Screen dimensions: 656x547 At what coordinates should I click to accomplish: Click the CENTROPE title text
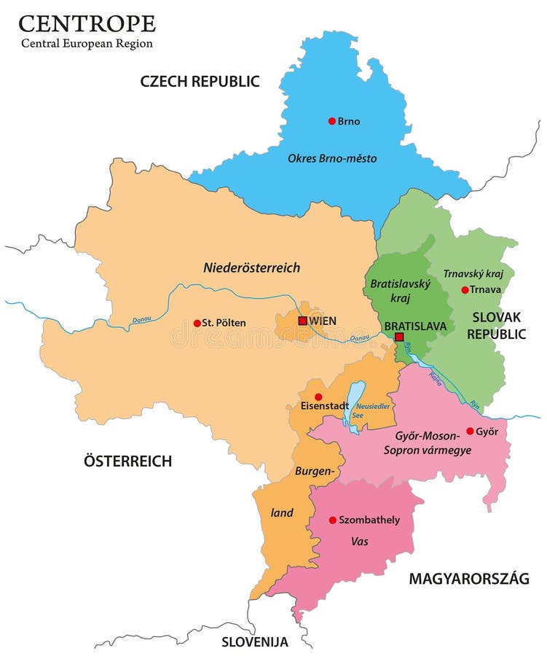click(87, 23)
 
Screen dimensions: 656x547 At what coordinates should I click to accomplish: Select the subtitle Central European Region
click(87, 44)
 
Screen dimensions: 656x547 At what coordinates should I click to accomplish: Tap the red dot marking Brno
click(331, 121)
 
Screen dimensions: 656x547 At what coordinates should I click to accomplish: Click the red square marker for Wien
click(303, 321)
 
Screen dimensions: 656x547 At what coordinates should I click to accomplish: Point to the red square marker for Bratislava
click(399, 337)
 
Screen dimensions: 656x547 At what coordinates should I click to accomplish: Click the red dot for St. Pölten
click(197, 323)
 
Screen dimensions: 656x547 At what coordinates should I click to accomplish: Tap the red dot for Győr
click(470, 431)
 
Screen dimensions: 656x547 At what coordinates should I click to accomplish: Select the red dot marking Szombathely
click(333, 520)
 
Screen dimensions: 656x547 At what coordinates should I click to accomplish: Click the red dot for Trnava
click(465, 290)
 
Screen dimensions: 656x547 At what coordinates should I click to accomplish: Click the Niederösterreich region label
click(252, 268)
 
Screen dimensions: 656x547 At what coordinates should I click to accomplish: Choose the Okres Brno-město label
click(332, 157)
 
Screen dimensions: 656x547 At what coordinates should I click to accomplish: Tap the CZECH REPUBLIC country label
click(200, 81)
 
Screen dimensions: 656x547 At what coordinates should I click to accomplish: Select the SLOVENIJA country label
click(255, 642)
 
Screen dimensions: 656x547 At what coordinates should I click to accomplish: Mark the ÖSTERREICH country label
click(127, 461)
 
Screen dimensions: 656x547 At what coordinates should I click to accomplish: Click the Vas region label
click(359, 542)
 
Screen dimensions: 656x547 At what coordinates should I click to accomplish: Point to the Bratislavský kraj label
click(391, 291)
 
